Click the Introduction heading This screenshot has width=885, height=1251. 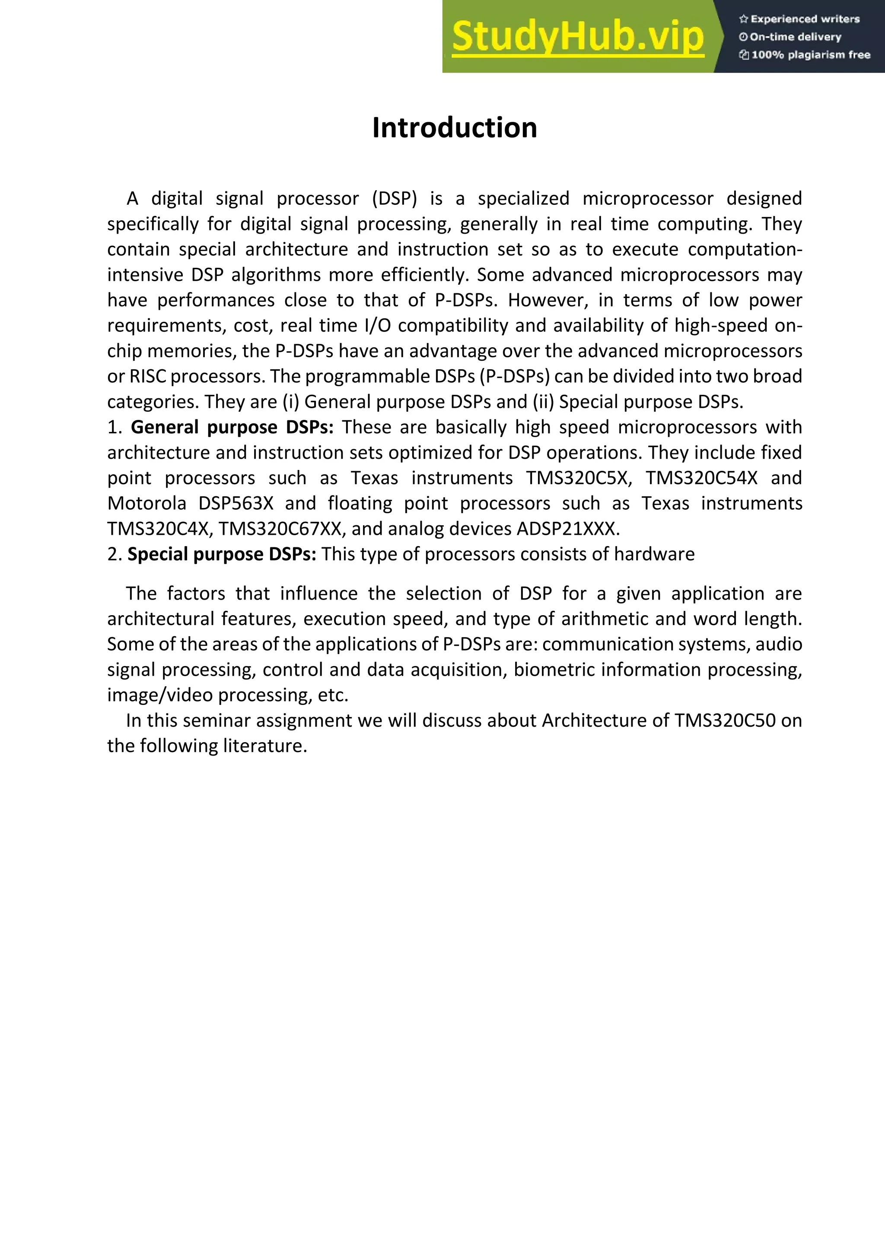(x=455, y=128)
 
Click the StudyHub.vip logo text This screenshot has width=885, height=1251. (x=578, y=37)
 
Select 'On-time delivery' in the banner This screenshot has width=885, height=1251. (x=795, y=37)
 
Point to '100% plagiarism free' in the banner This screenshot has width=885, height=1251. (x=810, y=54)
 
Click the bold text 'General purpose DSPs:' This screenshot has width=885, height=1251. (x=232, y=427)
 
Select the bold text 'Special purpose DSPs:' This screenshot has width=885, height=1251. (x=222, y=554)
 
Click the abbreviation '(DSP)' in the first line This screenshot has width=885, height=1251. (x=394, y=198)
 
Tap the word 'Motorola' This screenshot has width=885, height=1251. (x=146, y=503)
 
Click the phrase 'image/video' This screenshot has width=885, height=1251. (x=159, y=695)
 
